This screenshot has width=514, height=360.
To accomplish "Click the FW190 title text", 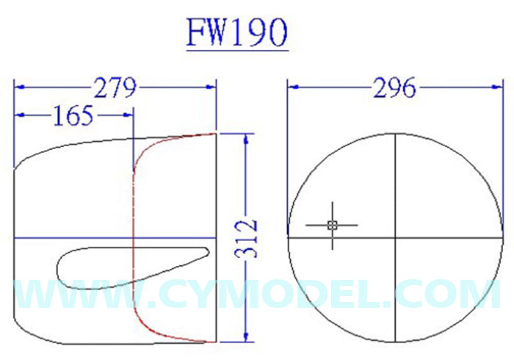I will click(x=236, y=33).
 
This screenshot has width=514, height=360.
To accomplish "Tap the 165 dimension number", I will click(x=73, y=115).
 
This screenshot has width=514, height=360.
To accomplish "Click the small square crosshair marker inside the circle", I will click(x=332, y=225).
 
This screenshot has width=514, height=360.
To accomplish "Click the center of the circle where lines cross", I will click(x=395, y=238).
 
